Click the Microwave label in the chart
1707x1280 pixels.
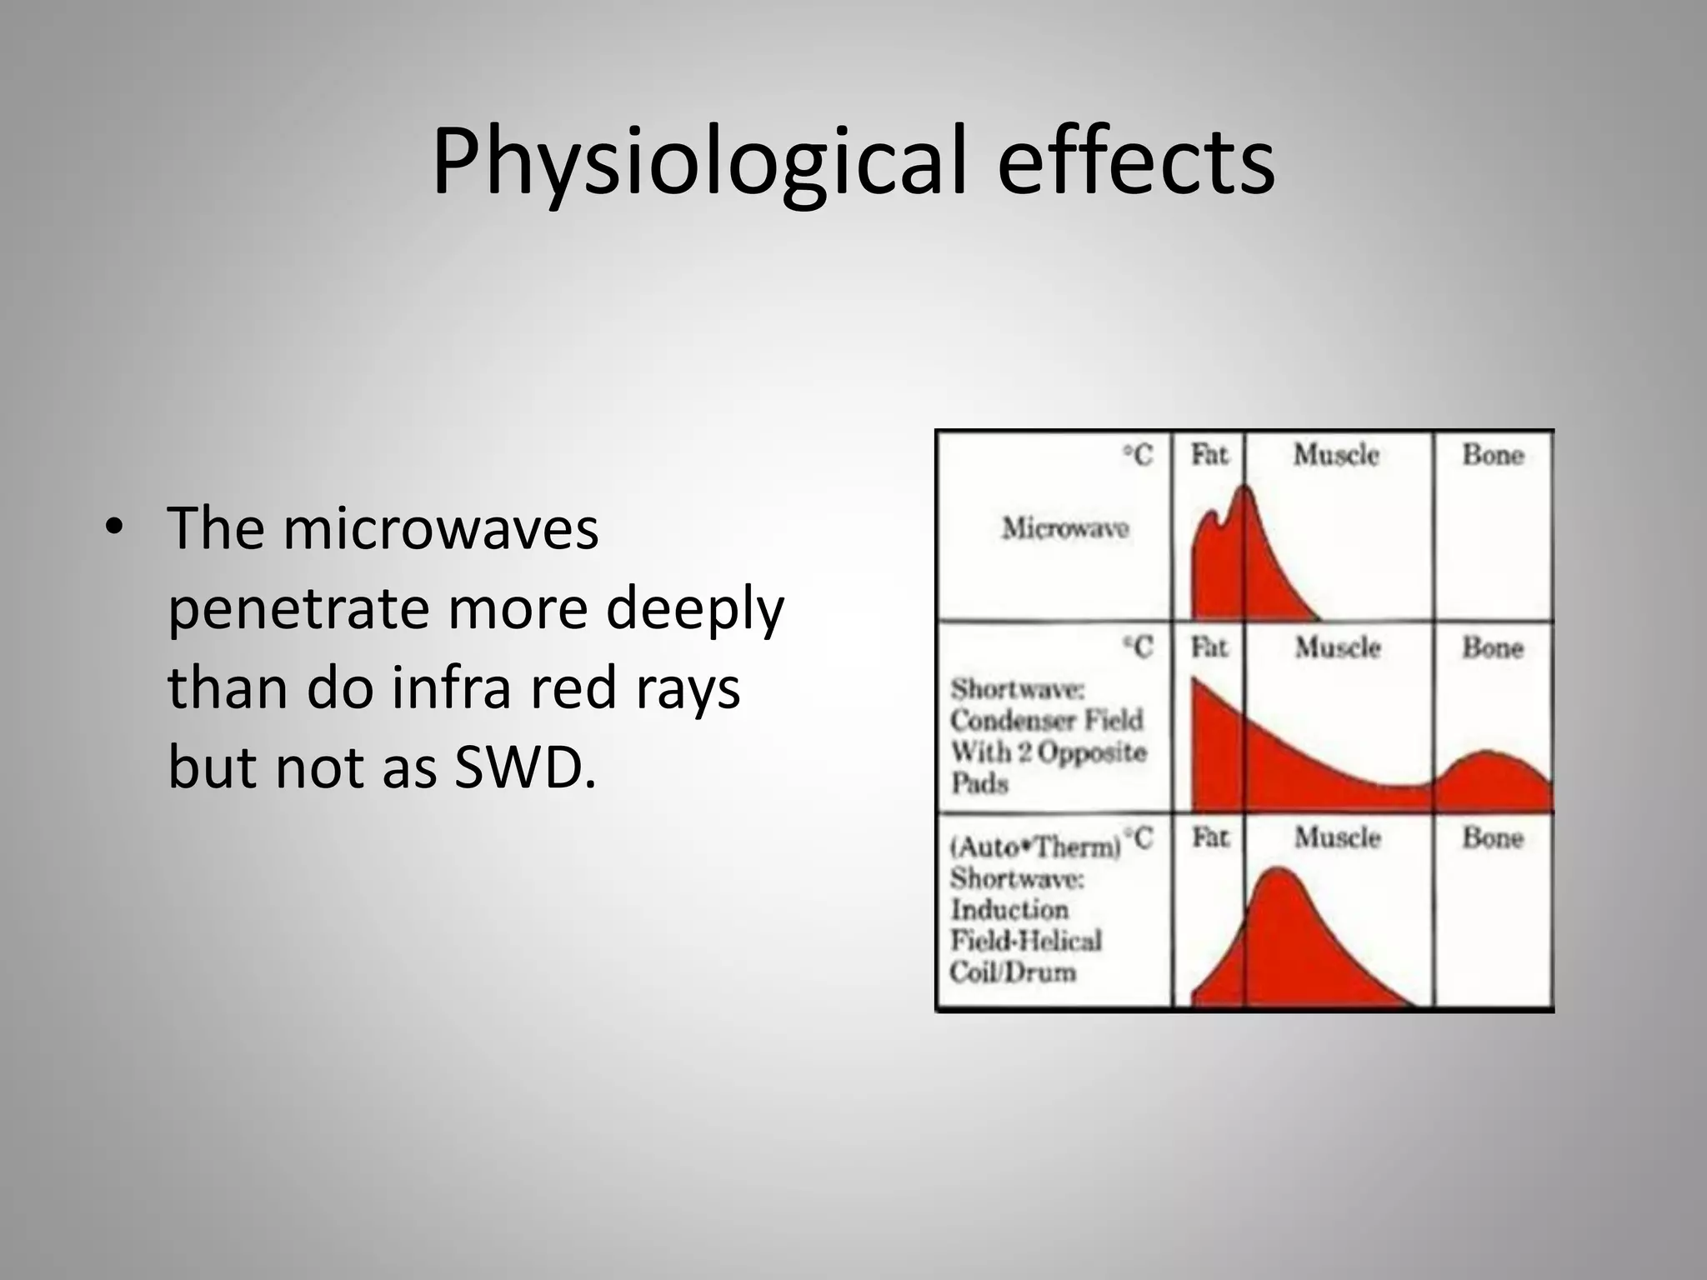(1064, 528)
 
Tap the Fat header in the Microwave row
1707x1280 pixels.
(1209, 454)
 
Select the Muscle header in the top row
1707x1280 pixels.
(1336, 455)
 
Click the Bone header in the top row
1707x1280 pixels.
(1493, 455)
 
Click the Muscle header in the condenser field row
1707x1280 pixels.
(1337, 647)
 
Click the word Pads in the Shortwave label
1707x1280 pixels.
(979, 783)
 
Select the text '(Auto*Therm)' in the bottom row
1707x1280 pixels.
(1035, 847)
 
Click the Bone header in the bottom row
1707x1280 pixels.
(1493, 837)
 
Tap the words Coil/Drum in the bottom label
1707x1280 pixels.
(1013, 972)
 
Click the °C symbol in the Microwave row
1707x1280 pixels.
(1138, 455)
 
